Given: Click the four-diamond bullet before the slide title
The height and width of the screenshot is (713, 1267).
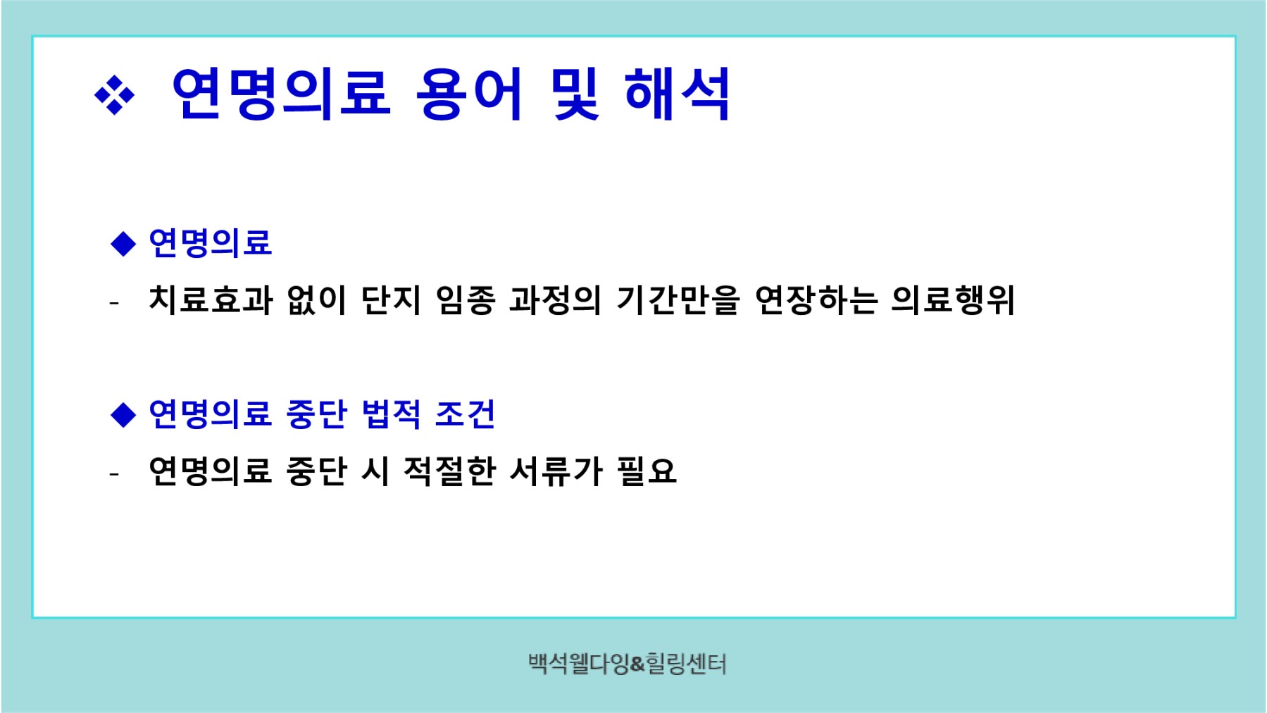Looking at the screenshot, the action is click(x=114, y=94).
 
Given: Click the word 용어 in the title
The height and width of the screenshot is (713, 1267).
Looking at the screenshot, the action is click(x=469, y=94).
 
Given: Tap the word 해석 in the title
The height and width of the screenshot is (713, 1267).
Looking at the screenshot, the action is click(x=677, y=94).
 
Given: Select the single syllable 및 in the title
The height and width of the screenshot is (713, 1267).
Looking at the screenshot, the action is click(x=575, y=94).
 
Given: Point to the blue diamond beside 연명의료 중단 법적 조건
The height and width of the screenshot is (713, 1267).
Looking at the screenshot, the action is click(x=123, y=414).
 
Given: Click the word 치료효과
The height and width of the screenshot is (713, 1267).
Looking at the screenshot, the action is click(x=211, y=300).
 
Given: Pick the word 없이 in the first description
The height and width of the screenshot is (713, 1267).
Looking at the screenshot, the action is click(x=317, y=300).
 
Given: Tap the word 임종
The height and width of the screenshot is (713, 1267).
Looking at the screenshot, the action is click(x=466, y=300).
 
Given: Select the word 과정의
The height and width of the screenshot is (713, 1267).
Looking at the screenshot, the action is click(x=555, y=300).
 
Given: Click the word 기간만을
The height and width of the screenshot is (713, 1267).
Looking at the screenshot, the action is click(x=678, y=300).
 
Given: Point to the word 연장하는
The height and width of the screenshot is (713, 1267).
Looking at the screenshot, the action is click(x=816, y=300).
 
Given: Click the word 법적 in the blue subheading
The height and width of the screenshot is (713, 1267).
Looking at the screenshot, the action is click(x=392, y=414).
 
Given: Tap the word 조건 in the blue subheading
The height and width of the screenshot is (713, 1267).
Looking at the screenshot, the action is click(x=466, y=414).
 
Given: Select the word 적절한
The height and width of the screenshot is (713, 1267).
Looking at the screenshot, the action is click(x=450, y=471).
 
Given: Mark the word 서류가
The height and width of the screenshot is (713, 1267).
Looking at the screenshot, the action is click(x=556, y=471).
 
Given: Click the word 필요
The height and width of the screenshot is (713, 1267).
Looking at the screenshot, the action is click(x=647, y=471).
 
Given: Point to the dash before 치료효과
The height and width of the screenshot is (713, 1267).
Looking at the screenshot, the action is click(x=114, y=304).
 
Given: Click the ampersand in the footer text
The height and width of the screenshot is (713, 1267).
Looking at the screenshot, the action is click(x=637, y=664).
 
